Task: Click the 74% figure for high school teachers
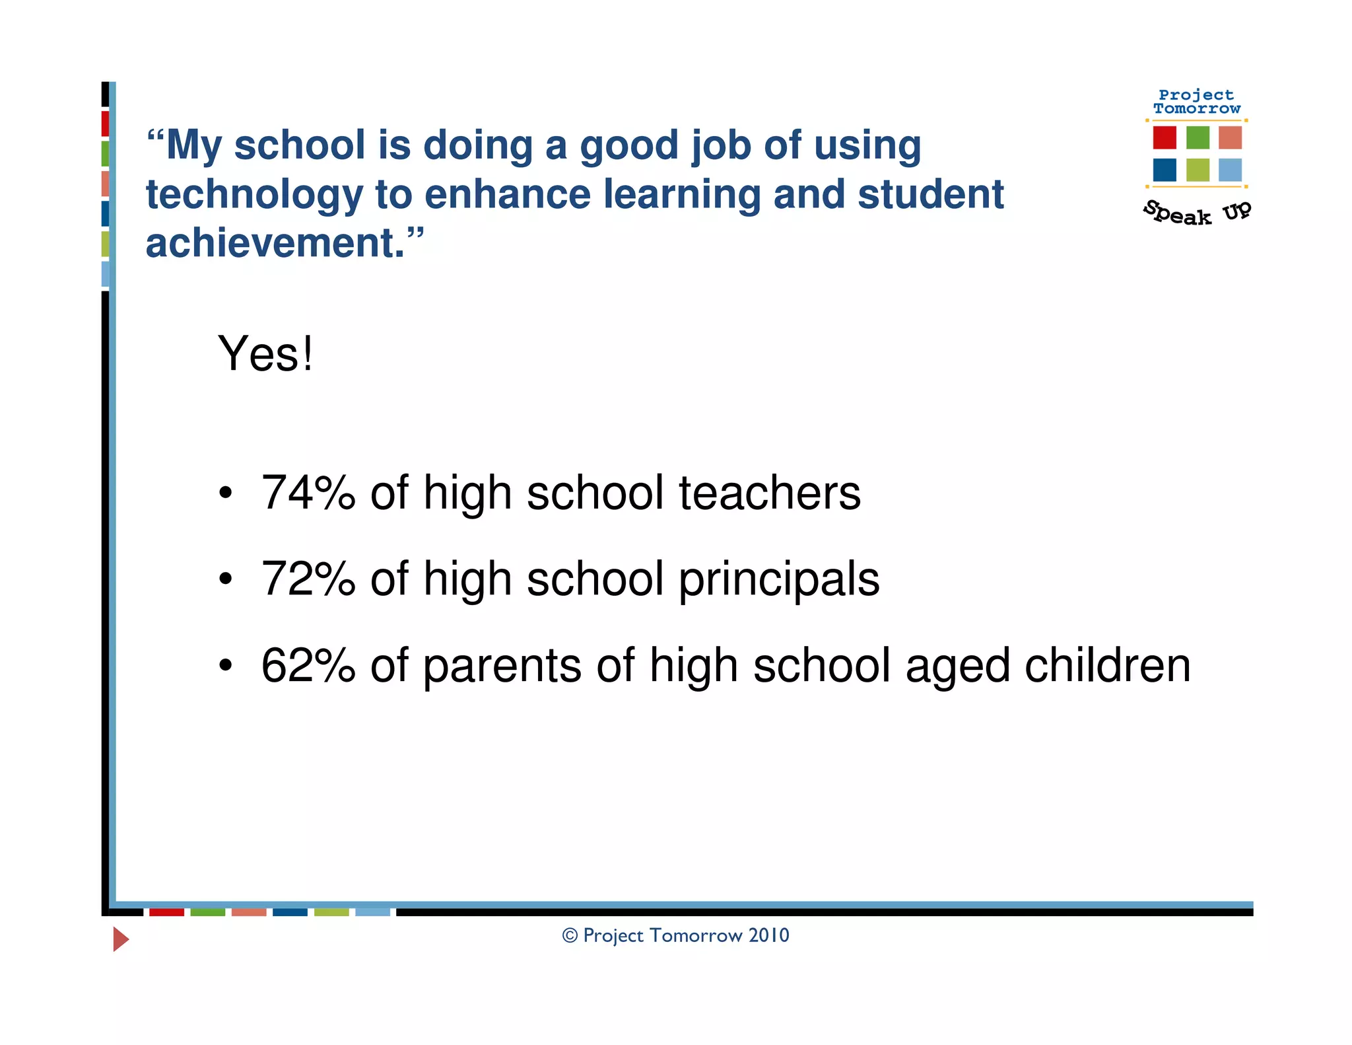[308, 493]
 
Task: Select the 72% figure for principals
[308, 579]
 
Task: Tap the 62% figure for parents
[308, 665]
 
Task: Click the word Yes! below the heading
[265, 354]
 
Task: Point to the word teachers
[770, 493]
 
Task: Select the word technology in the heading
[253, 196]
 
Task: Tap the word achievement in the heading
[275, 243]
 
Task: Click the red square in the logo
[1165, 137]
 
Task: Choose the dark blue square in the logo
[1165, 170]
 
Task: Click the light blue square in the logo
[1230, 170]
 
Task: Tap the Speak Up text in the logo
[1196, 213]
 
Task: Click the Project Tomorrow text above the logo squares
[1196, 102]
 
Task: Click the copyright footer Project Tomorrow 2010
[675, 935]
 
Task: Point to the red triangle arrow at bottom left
[120, 939]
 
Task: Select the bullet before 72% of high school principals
[226, 579]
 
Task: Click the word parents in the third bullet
[502, 667]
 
